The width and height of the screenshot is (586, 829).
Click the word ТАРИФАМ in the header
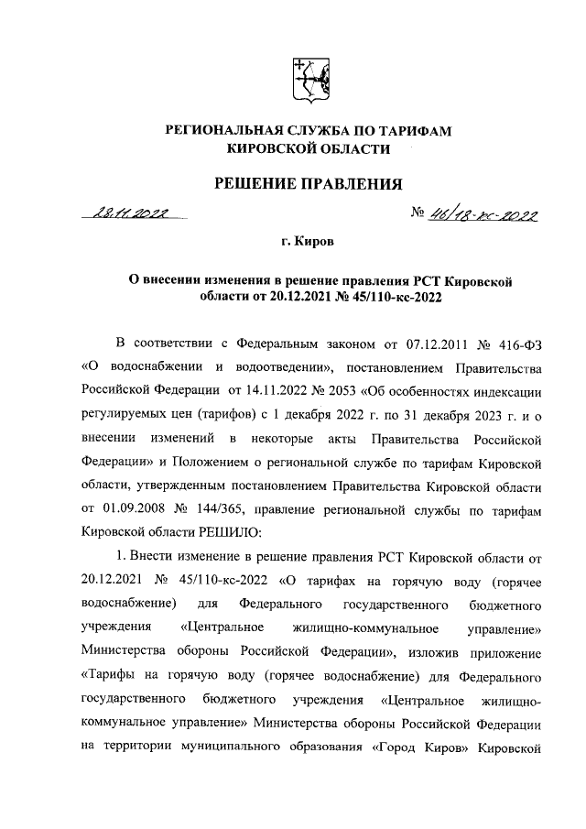tap(409, 132)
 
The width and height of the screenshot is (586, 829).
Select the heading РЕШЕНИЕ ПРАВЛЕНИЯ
tap(308, 185)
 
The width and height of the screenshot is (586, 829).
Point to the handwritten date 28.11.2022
tap(133, 215)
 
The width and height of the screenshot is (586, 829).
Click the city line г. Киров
tap(308, 243)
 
